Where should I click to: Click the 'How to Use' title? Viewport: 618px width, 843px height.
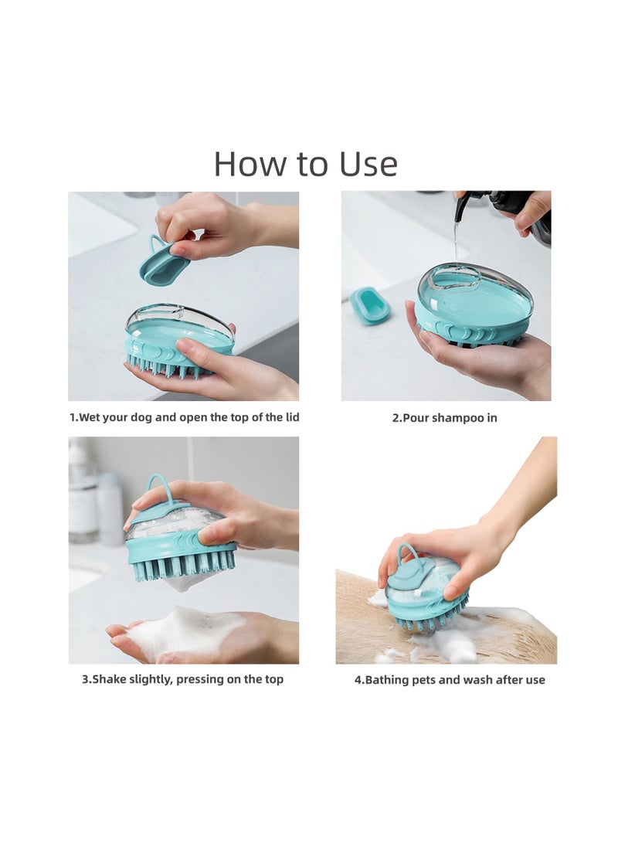pos(305,164)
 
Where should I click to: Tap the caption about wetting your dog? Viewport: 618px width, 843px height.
pos(184,417)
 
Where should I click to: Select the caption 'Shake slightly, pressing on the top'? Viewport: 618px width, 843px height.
pos(183,679)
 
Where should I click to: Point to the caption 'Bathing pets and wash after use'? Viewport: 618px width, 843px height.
pos(450,680)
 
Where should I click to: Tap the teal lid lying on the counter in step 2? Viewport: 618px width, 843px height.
pos(369,305)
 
